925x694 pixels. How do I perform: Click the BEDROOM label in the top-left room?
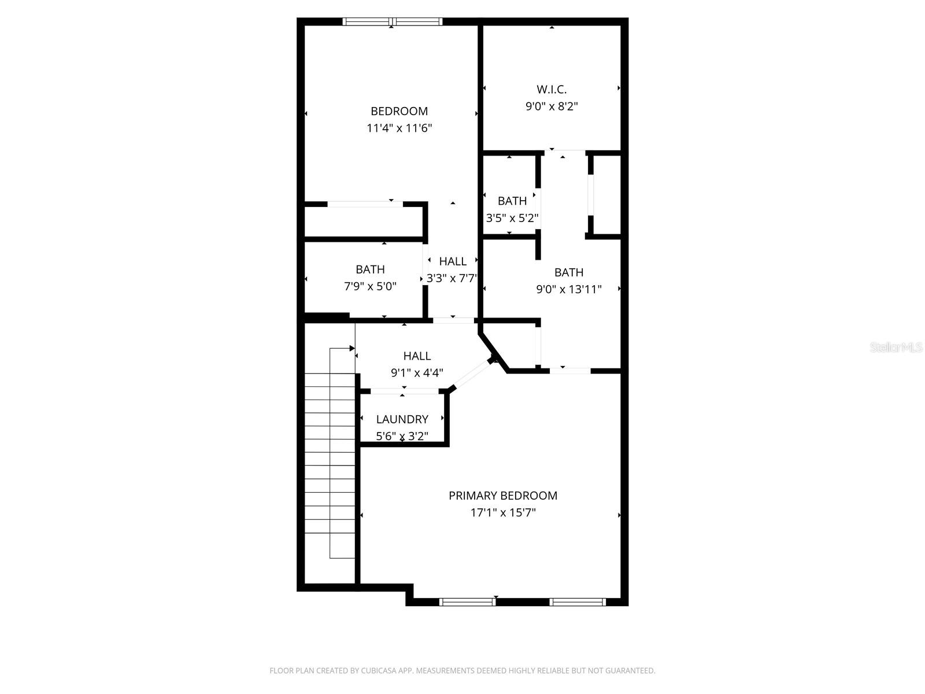click(399, 111)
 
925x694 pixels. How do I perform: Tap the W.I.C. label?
click(552, 89)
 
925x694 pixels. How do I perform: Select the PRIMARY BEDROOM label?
click(503, 496)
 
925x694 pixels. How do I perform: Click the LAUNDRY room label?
click(402, 419)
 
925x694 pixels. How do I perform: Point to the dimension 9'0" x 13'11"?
click(569, 289)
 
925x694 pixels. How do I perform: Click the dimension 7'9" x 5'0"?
click(370, 286)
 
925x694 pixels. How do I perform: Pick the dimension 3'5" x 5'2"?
click(512, 218)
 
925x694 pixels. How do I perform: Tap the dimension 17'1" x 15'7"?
click(503, 512)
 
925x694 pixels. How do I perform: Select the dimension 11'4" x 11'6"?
click(399, 128)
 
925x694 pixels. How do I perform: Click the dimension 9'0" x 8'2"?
click(552, 106)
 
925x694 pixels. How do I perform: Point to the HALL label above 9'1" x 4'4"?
click(417, 356)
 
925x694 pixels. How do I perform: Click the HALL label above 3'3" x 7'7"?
click(453, 261)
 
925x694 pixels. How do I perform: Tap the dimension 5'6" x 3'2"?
click(402, 436)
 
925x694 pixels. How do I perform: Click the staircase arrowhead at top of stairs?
click(351, 348)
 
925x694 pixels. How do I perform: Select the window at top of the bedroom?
click(393, 22)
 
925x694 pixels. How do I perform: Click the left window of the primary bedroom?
click(467, 602)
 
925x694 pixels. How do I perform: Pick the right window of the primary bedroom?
click(578, 602)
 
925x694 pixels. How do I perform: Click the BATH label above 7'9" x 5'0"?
click(370, 270)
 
